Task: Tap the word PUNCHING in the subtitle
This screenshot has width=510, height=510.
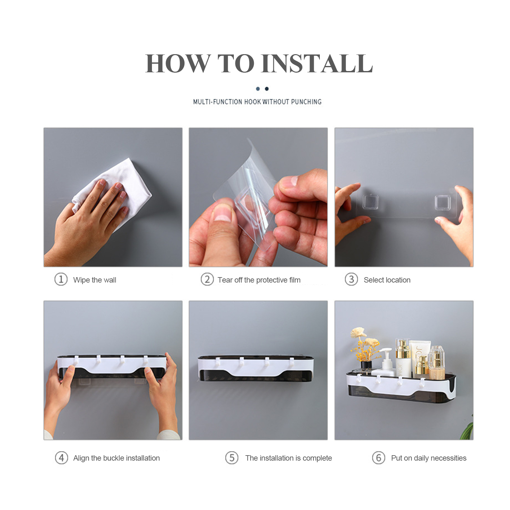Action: click(x=306, y=102)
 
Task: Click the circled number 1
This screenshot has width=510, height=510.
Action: click(x=61, y=279)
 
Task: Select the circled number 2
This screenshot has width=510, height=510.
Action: click(x=207, y=279)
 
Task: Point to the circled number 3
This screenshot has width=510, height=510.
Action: click(x=351, y=279)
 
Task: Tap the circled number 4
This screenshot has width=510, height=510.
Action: click(x=61, y=458)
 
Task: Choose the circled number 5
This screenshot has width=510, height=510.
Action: click(x=232, y=458)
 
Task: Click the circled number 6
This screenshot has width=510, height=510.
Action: click(x=378, y=458)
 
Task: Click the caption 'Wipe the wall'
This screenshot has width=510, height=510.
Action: click(x=95, y=280)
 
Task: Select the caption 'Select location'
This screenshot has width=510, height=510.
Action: click(x=387, y=280)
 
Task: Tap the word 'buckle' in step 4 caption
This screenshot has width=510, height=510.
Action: click(x=114, y=458)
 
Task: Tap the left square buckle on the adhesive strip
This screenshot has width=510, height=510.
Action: click(x=370, y=202)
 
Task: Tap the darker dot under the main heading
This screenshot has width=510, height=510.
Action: click(x=267, y=89)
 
